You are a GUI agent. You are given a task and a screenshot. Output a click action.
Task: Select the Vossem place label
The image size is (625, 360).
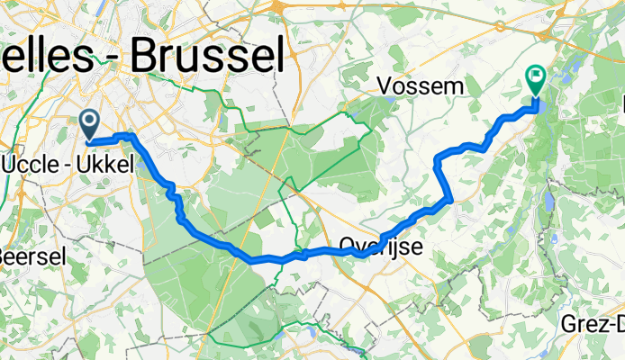(x=421, y=86)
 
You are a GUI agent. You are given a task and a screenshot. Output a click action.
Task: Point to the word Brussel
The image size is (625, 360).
(x=208, y=56)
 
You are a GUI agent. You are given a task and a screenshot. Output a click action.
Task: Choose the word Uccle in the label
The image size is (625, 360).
(x=32, y=164)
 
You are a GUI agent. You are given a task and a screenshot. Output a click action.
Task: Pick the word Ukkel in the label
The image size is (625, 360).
(x=108, y=164)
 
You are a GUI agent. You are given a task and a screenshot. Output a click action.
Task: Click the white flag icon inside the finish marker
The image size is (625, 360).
(x=536, y=77)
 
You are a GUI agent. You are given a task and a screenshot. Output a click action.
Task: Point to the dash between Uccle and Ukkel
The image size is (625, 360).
(x=68, y=165)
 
